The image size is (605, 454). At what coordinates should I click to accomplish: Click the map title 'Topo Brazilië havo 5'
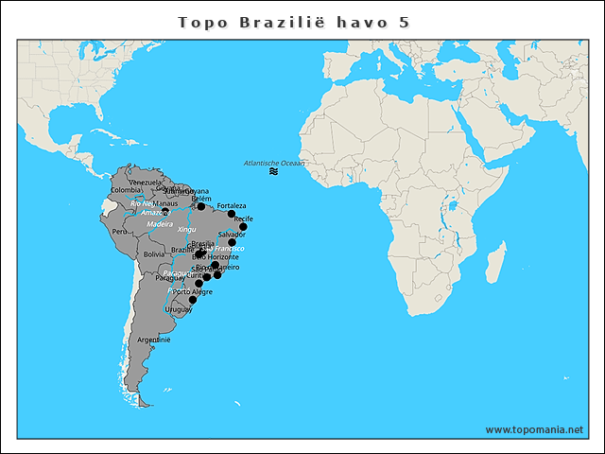point(294,22)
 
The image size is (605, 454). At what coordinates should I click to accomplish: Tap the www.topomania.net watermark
point(534,429)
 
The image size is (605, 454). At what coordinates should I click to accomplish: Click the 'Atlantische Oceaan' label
point(274,163)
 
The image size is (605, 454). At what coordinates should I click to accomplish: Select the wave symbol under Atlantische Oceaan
point(273,172)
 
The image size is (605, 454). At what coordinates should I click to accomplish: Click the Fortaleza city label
point(232,205)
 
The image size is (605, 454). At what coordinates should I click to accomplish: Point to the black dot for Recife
point(243,227)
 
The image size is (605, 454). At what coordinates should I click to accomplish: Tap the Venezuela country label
point(146,182)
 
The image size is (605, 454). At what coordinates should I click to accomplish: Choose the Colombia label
point(126,190)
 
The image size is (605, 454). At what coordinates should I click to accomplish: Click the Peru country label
point(120,231)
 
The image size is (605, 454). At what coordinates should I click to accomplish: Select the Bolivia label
point(154,254)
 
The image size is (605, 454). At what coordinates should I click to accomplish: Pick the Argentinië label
point(153,339)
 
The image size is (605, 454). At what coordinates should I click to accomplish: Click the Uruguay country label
point(178,309)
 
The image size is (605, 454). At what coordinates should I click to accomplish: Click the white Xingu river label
point(186,229)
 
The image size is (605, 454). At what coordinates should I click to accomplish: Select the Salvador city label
point(232,234)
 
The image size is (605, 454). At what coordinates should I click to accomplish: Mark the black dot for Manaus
point(164,212)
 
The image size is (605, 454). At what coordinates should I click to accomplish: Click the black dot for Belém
point(200,206)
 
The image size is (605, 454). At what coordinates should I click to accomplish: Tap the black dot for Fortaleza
point(232,214)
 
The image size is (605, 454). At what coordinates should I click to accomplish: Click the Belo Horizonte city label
point(215,256)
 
